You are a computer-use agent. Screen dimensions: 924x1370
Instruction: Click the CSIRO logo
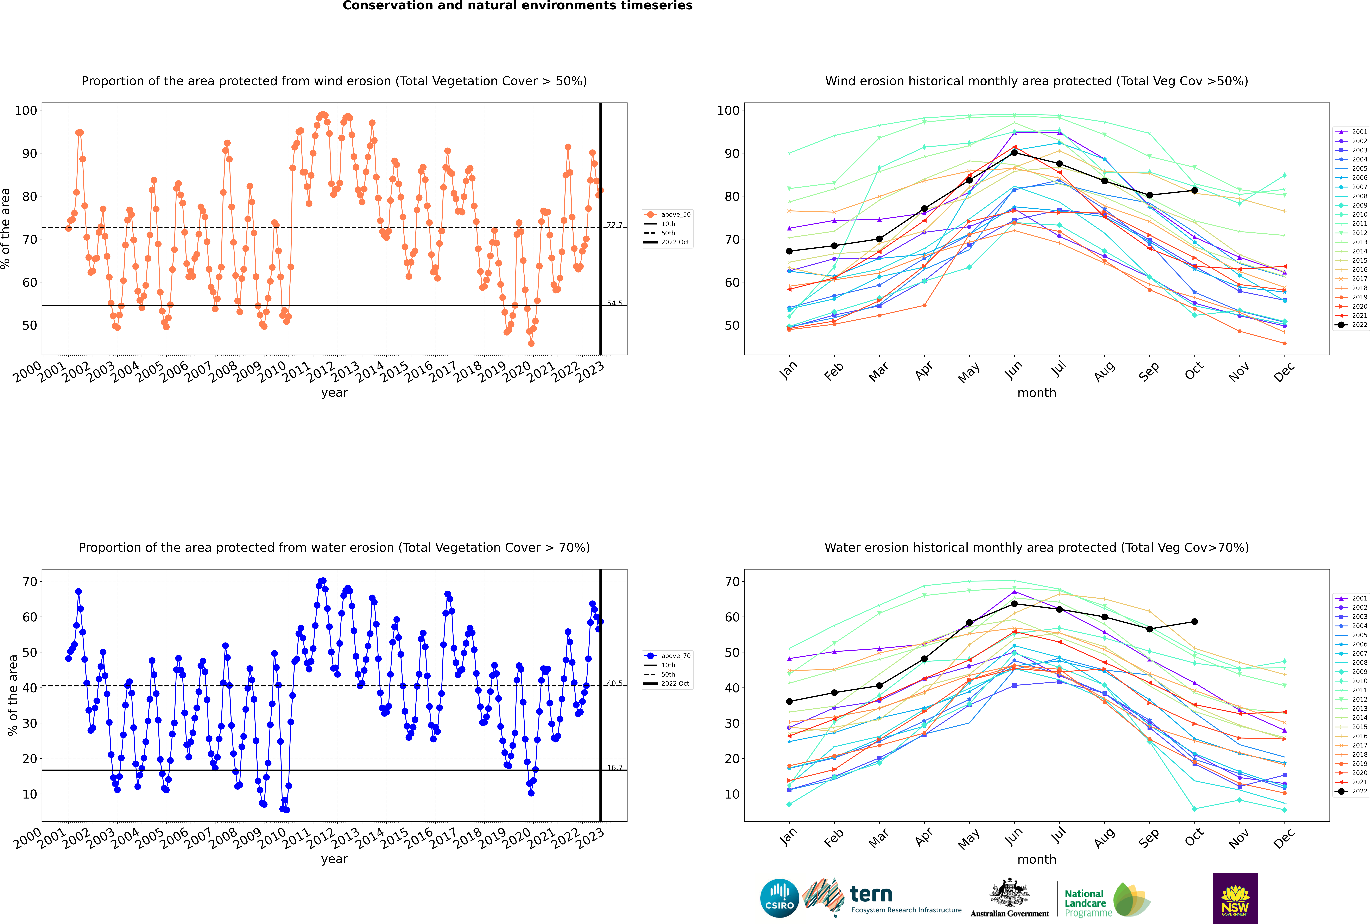779,898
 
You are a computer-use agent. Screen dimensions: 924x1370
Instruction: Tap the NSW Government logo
1235,898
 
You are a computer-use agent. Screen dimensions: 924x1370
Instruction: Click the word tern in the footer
871,895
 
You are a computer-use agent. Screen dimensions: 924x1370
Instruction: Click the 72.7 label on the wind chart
614,225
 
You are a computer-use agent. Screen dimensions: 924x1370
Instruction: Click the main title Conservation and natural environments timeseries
517,6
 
